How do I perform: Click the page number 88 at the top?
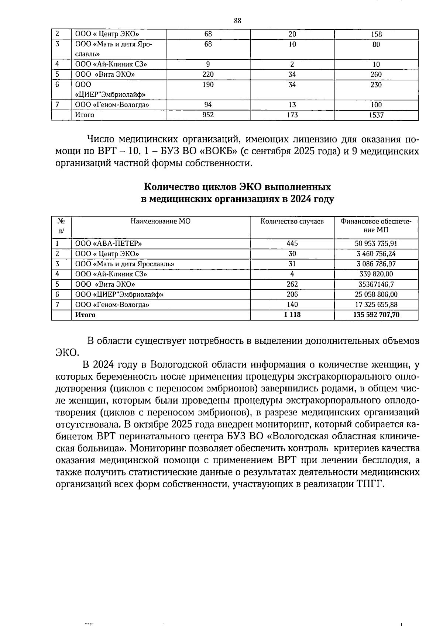click(x=237, y=21)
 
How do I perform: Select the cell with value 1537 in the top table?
click(x=376, y=115)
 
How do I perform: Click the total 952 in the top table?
click(x=208, y=115)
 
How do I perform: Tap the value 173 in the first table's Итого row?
click(x=292, y=115)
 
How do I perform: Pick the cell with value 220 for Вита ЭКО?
click(x=208, y=75)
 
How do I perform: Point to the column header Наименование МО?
click(x=161, y=221)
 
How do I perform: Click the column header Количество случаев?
click(x=292, y=221)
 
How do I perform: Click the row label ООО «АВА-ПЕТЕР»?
click(x=109, y=244)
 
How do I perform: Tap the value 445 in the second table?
click(x=292, y=244)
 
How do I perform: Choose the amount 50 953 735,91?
click(x=376, y=244)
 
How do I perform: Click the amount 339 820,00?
click(x=376, y=274)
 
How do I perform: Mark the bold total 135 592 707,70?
click(x=376, y=315)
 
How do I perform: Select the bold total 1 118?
click(x=292, y=315)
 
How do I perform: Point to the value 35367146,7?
click(x=376, y=284)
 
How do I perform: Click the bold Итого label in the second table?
click(x=85, y=315)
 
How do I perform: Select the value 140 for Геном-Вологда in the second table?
click(x=292, y=305)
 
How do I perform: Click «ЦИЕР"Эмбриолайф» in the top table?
click(x=110, y=94)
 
